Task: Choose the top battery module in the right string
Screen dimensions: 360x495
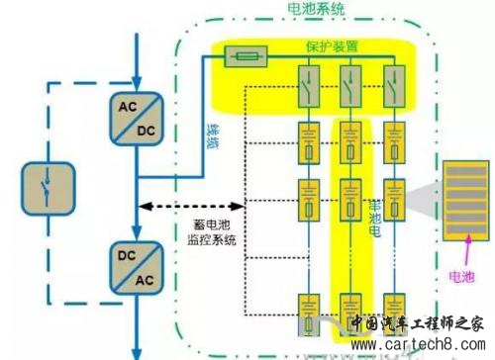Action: tap(395, 139)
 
